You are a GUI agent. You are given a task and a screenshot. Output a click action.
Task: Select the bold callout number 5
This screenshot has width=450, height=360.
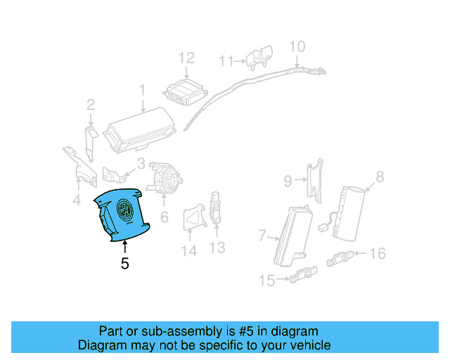(x=125, y=264)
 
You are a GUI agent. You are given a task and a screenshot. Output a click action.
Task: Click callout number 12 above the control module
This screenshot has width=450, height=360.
(x=186, y=58)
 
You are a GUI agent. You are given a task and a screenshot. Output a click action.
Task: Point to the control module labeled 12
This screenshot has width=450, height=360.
(x=184, y=91)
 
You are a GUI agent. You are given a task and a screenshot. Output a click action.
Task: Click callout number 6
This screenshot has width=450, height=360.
(x=164, y=217)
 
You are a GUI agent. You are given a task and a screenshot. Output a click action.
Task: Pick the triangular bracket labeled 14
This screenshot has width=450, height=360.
(x=192, y=219)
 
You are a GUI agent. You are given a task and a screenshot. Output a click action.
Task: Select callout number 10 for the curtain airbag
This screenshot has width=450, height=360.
(x=297, y=46)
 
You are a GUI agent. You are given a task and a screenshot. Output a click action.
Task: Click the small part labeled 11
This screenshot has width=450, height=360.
(x=262, y=57)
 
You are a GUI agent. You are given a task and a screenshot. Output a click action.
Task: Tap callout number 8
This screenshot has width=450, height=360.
(x=380, y=177)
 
